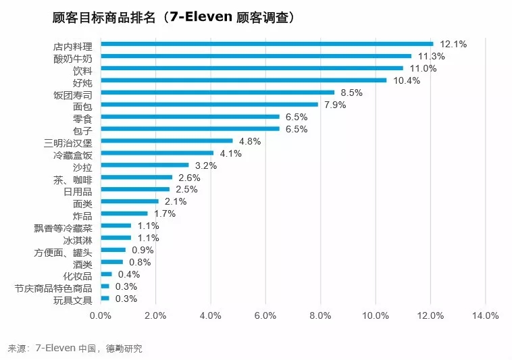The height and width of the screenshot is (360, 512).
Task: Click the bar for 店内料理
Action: [x=267, y=44]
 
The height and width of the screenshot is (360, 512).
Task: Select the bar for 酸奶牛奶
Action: [x=256, y=56]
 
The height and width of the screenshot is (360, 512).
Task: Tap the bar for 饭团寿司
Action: [x=217, y=93]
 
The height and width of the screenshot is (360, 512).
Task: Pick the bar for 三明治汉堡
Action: [x=166, y=141]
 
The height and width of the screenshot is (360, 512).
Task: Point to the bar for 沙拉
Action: [x=145, y=165]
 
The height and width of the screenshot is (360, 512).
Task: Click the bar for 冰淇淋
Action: [x=116, y=238]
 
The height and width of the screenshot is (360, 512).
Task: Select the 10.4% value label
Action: [x=407, y=80]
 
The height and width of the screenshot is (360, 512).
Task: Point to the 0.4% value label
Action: [x=128, y=274]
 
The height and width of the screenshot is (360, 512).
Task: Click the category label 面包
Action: [x=82, y=106]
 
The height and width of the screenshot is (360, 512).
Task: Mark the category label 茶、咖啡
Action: [x=72, y=179]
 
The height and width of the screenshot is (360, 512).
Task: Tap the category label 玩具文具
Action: [x=72, y=300]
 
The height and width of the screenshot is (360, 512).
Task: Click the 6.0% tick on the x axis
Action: [x=265, y=315]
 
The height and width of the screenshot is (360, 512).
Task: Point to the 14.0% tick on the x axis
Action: [x=485, y=315]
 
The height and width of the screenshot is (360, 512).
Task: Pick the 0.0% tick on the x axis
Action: [x=101, y=315]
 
